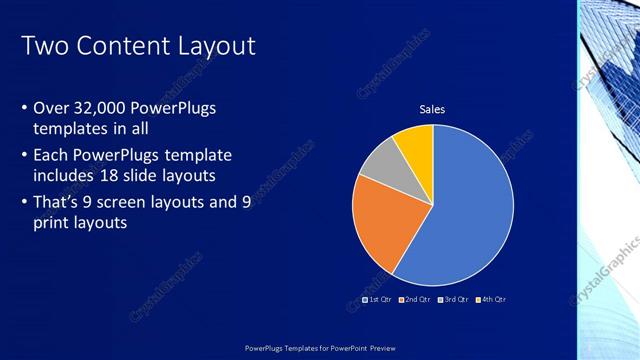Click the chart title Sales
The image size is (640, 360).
pos(432,109)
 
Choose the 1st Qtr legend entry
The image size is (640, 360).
pos(376,300)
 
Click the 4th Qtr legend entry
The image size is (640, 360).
pos(491,300)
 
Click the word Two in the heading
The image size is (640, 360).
pos(42,46)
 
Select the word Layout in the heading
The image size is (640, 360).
pos(216,46)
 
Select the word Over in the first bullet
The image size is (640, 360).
pos(51,107)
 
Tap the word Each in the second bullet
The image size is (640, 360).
pos(51,155)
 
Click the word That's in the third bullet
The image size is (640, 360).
pos(59,201)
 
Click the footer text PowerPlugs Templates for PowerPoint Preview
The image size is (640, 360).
pos(319,346)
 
